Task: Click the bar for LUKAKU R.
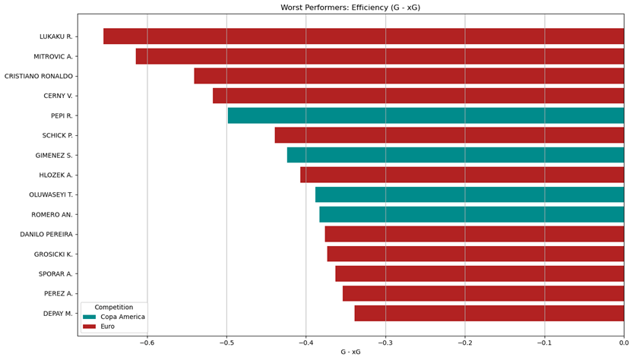coord(363,36)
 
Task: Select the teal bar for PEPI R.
coord(426,115)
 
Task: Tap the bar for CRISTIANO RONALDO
coord(409,76)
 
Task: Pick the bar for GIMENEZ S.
coord(455,155)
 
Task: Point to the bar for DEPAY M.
coord(489,313)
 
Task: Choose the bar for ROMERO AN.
coord(471,214)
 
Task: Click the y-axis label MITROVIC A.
coord(53,56)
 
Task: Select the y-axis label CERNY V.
coord(58,96)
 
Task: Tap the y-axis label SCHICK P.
coord(57,135)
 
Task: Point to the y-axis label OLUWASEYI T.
coord(51,194)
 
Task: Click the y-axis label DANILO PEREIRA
coord(46,234)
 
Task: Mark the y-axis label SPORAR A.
coord(55,273)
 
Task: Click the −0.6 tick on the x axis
coord(147,343)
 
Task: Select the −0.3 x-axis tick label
coord(385,343)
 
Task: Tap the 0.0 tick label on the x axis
coord(624,343)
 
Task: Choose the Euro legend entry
coord(107,326)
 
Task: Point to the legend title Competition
coord(113,307)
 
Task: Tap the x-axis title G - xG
coord(350,352)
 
